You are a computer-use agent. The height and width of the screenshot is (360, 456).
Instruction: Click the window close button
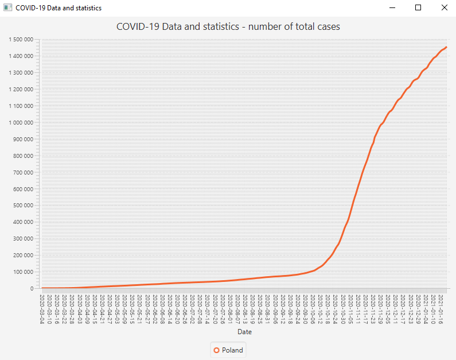click(444, 8)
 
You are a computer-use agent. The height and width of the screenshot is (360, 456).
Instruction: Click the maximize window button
click(418, 8)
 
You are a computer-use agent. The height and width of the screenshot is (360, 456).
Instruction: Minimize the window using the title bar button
click(392, 8)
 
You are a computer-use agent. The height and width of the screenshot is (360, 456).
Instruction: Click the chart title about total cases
click(228, 26)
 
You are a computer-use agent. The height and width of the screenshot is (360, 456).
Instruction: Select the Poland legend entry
click(228, 350)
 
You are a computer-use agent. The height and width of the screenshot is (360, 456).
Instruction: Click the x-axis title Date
click(244, 332)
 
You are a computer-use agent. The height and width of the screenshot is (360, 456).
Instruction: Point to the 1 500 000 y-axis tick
click(21, 40)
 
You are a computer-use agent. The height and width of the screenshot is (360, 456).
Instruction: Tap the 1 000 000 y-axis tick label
click(21, 123)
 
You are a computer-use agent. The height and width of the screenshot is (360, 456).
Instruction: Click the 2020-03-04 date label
click(42, 308)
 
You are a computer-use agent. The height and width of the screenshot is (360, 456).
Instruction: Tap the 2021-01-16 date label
click(441, 308)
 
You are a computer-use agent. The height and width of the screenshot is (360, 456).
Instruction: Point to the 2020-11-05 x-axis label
click(350, 308)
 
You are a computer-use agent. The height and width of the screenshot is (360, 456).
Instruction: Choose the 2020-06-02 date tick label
click(155, 308)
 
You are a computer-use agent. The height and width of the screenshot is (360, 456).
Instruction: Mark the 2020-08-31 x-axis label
click(268, 308)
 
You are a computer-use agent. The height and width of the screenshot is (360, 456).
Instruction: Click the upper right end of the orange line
click(446, 47)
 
